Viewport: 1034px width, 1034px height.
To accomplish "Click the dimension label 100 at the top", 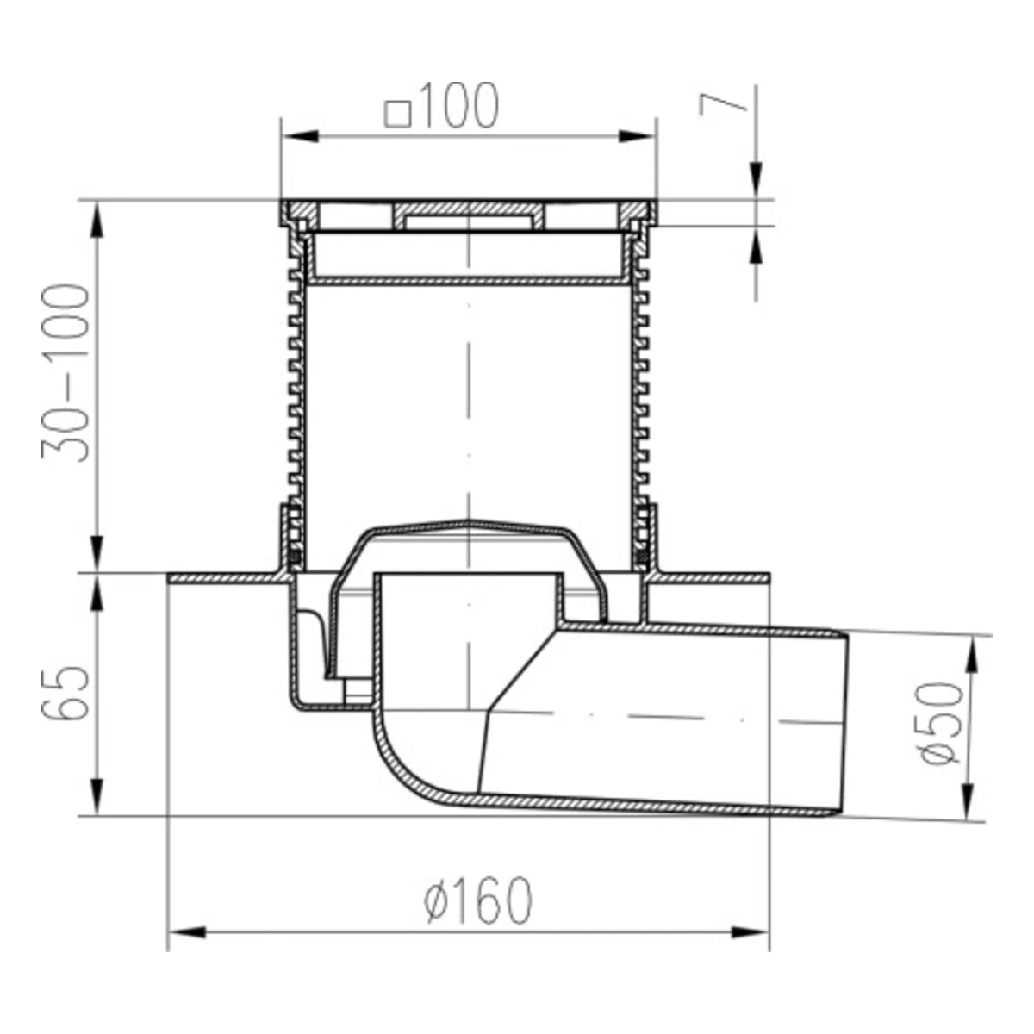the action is (459, 106).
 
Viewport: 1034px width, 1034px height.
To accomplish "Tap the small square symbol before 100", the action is (398, 115).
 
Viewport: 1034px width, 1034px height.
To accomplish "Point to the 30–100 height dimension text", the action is (65, 373).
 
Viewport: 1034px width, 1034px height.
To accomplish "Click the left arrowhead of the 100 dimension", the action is (300, 136).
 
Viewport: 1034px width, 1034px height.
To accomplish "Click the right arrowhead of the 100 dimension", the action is (637, 136).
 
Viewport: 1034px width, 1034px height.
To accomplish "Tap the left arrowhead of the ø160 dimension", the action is (187, 932).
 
